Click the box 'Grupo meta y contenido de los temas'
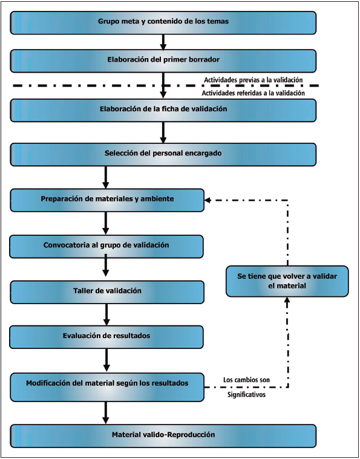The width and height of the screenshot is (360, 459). pos(163,22)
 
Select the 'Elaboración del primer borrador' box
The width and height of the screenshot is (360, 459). pos(163,60)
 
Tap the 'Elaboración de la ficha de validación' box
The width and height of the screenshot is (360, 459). pos(163,110)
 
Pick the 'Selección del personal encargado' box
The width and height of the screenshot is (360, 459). pos(163,154)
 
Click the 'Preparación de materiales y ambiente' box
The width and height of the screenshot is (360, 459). pos(107,200)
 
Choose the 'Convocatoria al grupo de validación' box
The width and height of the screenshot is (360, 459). pos(107,246)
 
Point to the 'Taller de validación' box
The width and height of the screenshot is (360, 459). pos(107,291)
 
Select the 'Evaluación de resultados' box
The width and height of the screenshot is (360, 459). pos(107,336)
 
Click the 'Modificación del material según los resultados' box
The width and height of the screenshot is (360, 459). pos(107,387)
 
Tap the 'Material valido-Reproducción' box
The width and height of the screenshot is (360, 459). pos(163,435)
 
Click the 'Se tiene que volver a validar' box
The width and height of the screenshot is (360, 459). pos(287,281)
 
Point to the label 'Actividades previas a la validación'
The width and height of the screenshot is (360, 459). pos(253,80)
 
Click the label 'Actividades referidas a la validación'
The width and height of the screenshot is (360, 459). pos(253,93)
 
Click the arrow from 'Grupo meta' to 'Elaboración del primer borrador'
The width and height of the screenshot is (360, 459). pos(163,42)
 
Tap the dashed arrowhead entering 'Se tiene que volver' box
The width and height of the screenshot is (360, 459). pos(287,301)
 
